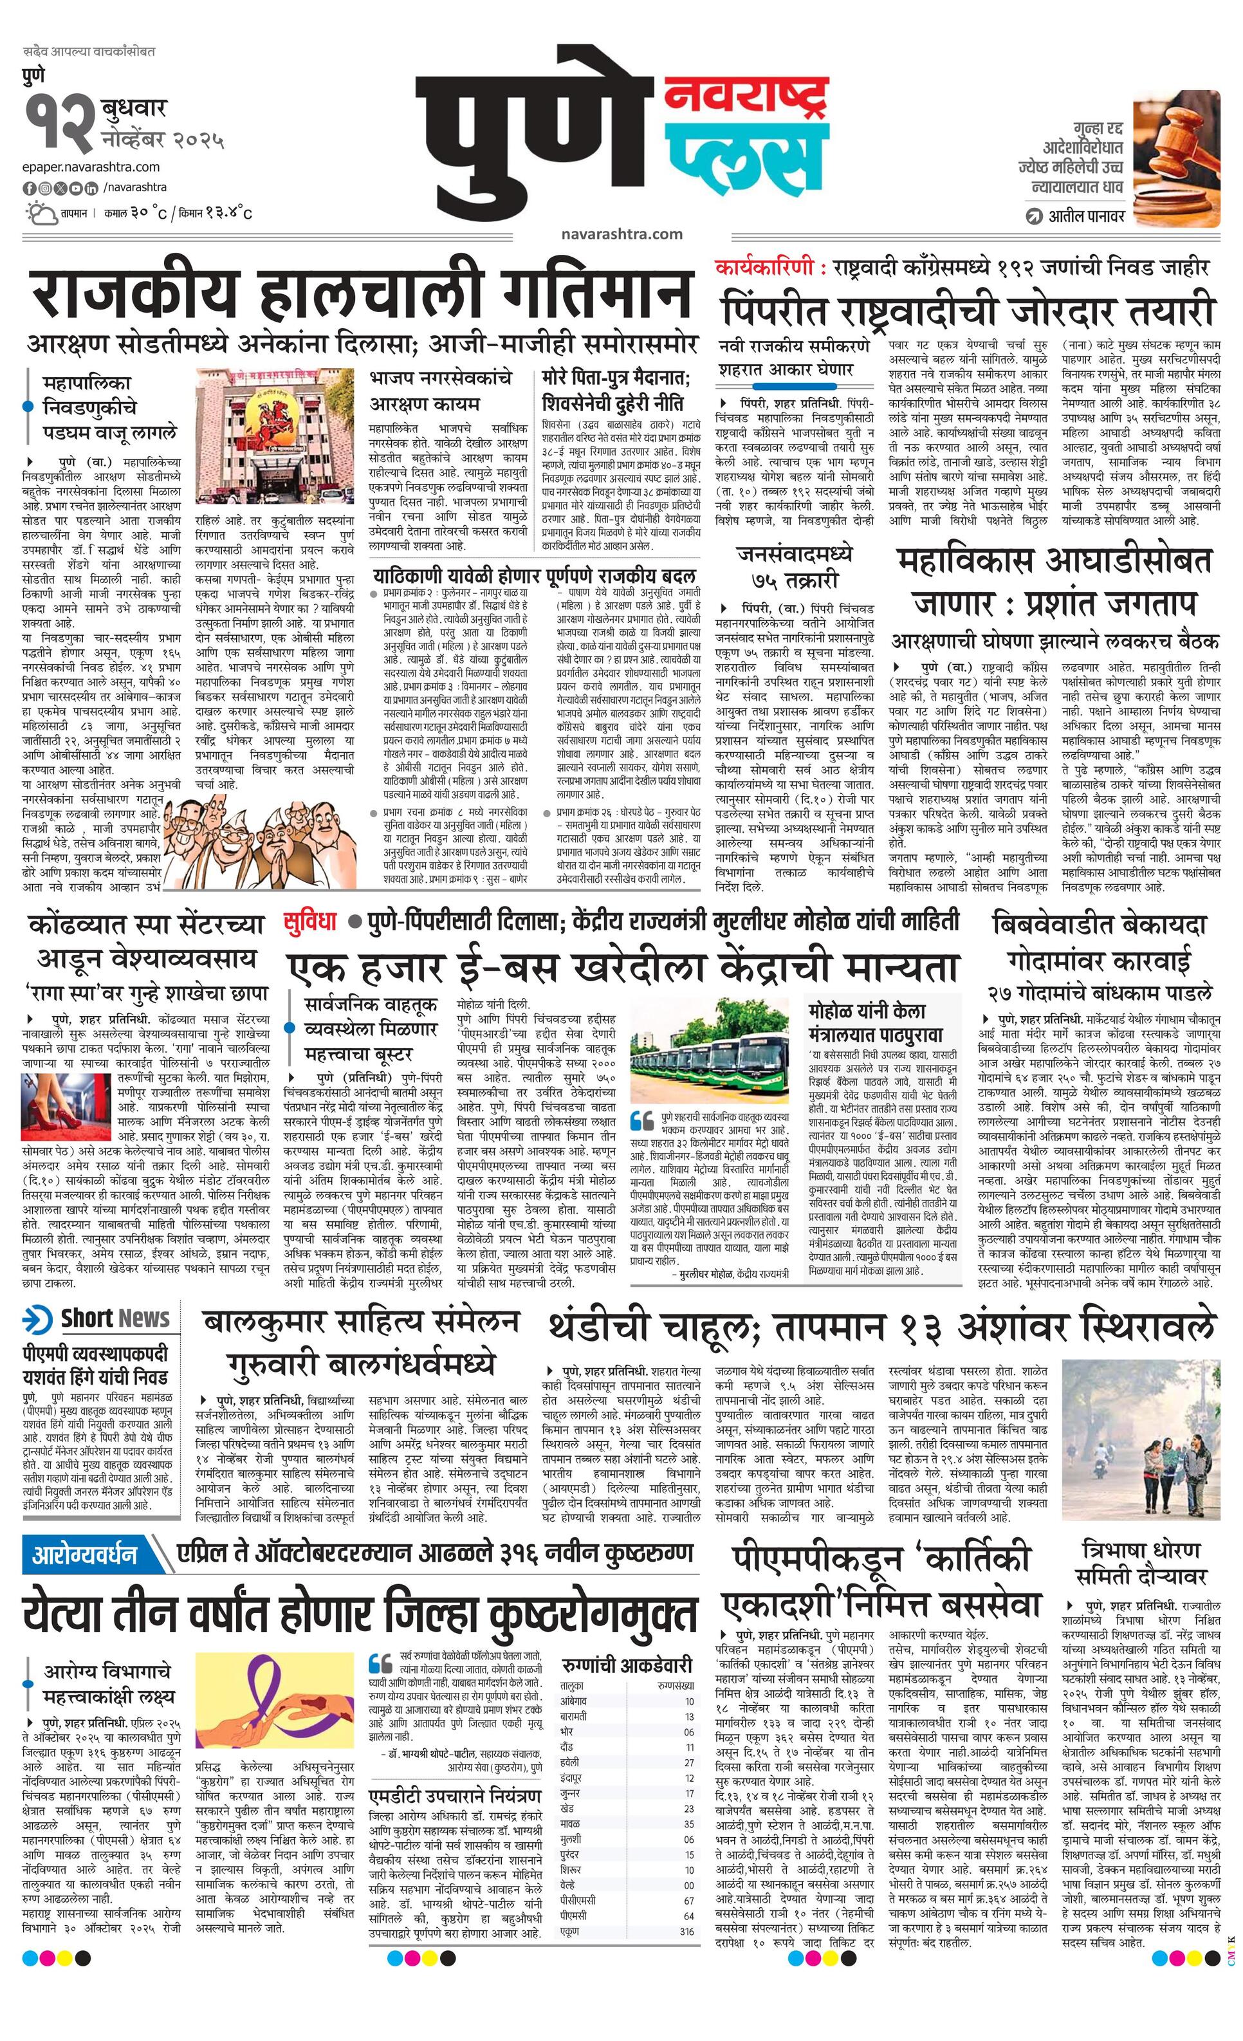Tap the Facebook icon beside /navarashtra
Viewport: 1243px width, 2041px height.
[29, 189]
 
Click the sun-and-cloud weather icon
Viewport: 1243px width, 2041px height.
[38, 214]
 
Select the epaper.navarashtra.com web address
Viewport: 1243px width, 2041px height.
[91, 167]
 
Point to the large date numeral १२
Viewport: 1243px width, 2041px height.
[58, 125]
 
